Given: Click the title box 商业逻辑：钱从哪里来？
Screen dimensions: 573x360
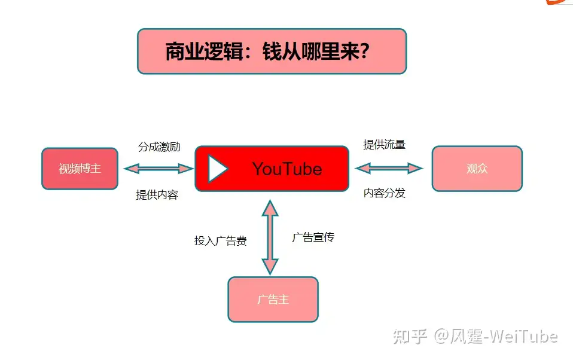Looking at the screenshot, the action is pyautogui.click(x=272, y=51).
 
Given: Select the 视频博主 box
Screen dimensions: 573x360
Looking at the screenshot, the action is pyautogui.click(x=80, y=169).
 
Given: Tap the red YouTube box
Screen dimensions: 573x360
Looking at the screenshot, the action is pyautogui.click(x=272, y=169).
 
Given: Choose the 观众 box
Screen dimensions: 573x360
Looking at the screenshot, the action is pyautogui.click(x=477, y=169).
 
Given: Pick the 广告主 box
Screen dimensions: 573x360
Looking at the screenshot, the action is pyautogui.click(x=273, y=299).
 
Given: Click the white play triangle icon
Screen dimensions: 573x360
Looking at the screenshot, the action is pyautogui.click(x=217, y=169).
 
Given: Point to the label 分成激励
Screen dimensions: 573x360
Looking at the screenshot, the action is pyautogui.click(x=159, y=147).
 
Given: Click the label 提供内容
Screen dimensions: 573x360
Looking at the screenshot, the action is pyautogui.click(x=157, y=195).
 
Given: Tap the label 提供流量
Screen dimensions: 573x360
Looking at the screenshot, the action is pyautogui.click(x=385, y=144).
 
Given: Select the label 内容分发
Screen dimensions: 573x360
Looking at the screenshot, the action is pyautogui.click(x=385, y=193).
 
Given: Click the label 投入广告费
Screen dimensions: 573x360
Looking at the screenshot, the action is pyautogui.click(x=220, y=241).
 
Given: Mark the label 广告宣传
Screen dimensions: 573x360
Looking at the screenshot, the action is pyautogui.click(x=313, y=237).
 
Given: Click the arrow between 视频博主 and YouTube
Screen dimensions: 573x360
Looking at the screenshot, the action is pyautogui.click(x=159, y=169).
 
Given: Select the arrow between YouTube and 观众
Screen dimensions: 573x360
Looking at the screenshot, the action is pyautogui.click(x=389, y=168).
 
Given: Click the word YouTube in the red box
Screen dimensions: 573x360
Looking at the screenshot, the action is pyautogui.click(x=287, y=169).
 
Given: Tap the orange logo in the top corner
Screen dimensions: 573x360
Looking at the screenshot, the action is pyautogui.click(x=559, y=2).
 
